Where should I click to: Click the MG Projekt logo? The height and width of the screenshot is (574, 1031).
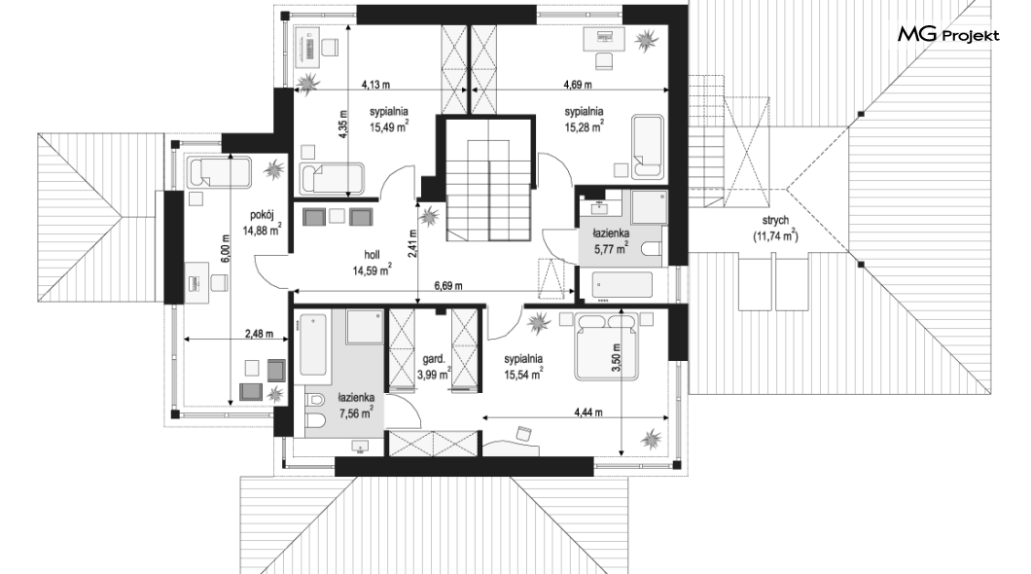[948, 34]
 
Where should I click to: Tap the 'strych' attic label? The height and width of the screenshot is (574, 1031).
[776, 220]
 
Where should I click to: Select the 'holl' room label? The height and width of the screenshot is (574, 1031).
[372, 255]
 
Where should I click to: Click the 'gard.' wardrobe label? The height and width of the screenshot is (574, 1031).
[434, 359]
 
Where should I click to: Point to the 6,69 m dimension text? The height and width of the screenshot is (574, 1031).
[448, 285]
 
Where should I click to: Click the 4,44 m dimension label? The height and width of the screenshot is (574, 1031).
[588, 413]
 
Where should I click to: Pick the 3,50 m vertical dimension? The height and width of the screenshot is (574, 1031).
[616, 359]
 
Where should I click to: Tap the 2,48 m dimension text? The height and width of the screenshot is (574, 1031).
[259, 334]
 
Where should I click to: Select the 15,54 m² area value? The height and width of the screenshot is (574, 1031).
[523, 375]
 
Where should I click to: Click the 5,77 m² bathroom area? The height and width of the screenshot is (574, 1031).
[611, 248]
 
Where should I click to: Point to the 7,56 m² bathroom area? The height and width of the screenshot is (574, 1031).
[356, 413]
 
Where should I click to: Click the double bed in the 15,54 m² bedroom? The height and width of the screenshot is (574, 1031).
[606, 346]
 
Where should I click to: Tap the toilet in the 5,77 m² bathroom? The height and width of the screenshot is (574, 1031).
[652, 249]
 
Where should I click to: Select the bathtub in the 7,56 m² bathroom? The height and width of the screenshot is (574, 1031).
[313, 345]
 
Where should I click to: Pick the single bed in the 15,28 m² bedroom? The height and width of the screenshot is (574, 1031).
[648, 147]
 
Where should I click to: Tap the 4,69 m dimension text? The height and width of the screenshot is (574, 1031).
[578, 85]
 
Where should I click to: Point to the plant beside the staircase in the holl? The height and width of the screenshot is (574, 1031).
[430, 216]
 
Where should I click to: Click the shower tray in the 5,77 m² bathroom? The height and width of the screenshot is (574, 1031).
[650, 207]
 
